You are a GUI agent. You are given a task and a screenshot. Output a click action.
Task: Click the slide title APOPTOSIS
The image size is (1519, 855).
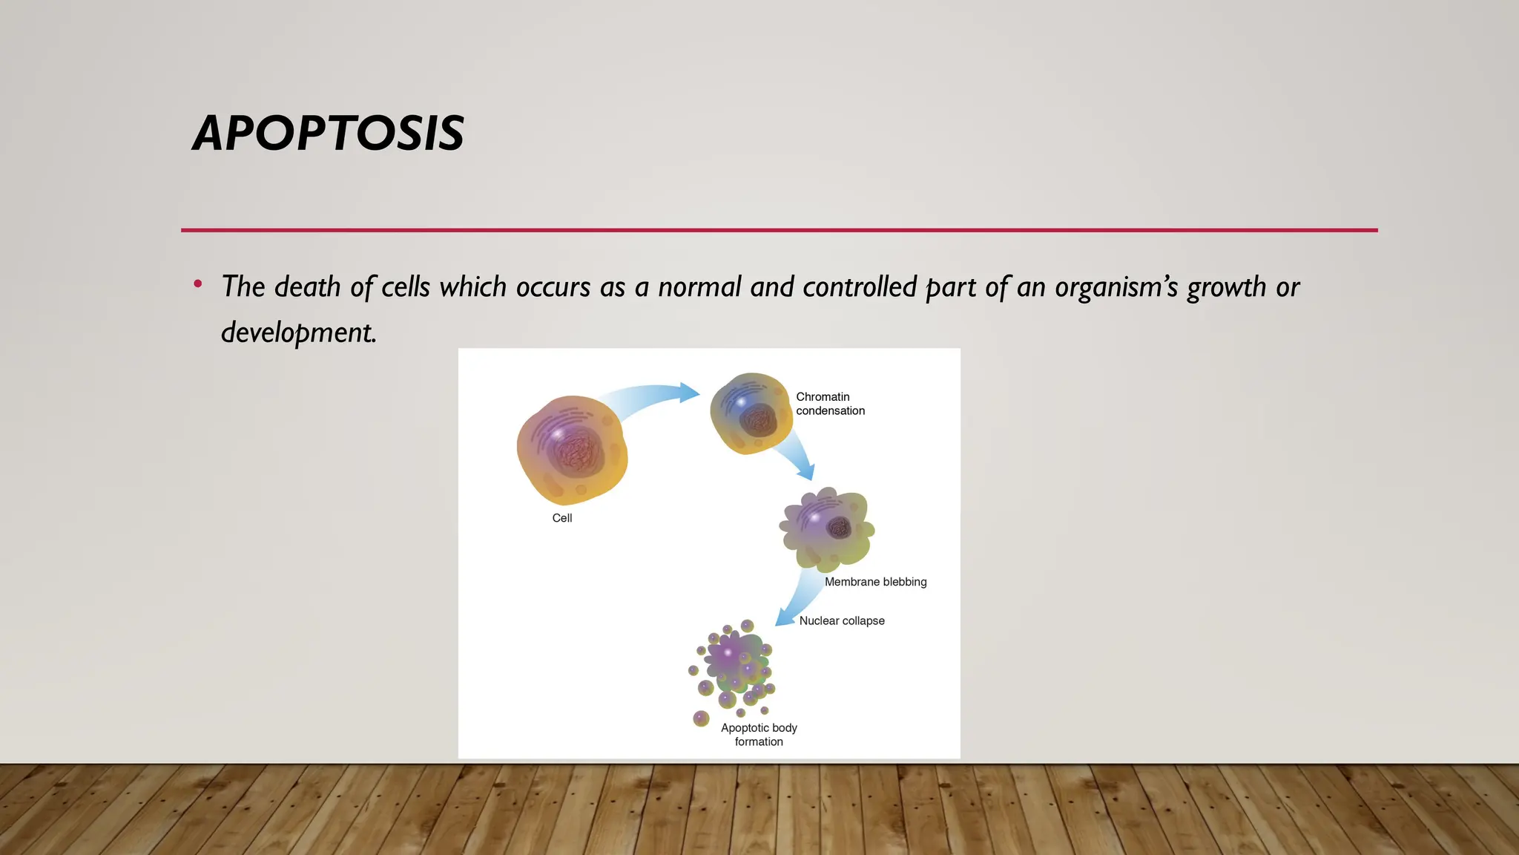328,134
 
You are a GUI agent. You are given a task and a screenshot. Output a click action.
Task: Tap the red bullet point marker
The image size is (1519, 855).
197,284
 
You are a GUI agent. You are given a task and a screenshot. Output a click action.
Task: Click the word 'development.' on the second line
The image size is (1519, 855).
299,332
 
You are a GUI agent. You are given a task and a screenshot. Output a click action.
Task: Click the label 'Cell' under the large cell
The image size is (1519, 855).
562,518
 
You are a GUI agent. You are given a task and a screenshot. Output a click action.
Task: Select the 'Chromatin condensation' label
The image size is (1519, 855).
830,404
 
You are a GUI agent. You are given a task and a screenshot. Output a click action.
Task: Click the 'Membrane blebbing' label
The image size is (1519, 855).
875,582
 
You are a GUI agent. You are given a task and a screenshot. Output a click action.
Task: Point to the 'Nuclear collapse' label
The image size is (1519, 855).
842,620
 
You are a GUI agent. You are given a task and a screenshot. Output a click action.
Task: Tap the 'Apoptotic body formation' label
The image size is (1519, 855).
759,735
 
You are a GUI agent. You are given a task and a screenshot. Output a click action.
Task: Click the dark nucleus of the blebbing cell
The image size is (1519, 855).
839,528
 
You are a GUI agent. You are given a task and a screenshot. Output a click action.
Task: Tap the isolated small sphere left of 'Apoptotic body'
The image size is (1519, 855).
701,718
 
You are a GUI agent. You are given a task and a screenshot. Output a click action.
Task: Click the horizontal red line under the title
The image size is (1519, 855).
779,230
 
